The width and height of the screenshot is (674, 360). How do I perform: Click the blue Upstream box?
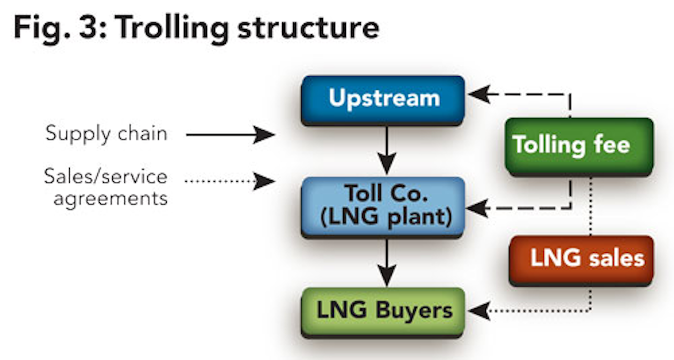point(383,100)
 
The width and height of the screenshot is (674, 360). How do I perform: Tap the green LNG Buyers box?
point(383,311)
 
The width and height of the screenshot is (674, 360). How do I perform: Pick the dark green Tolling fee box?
point(579,146)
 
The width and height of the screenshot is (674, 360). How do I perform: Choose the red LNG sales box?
point(580,259)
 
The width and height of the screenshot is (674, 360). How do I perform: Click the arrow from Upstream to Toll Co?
point(387,150)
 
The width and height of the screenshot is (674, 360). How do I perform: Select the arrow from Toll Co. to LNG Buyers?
point(387,262)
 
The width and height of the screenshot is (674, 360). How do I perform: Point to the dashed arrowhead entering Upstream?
point(478,95)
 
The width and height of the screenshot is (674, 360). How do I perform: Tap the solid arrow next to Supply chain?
point(229,135)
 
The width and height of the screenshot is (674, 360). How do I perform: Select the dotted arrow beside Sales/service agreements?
point(229,181)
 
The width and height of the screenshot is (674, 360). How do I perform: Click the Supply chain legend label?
point(106,134)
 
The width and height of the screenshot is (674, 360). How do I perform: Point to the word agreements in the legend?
point(110,198)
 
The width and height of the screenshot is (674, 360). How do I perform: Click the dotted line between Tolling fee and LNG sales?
point(591,206)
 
